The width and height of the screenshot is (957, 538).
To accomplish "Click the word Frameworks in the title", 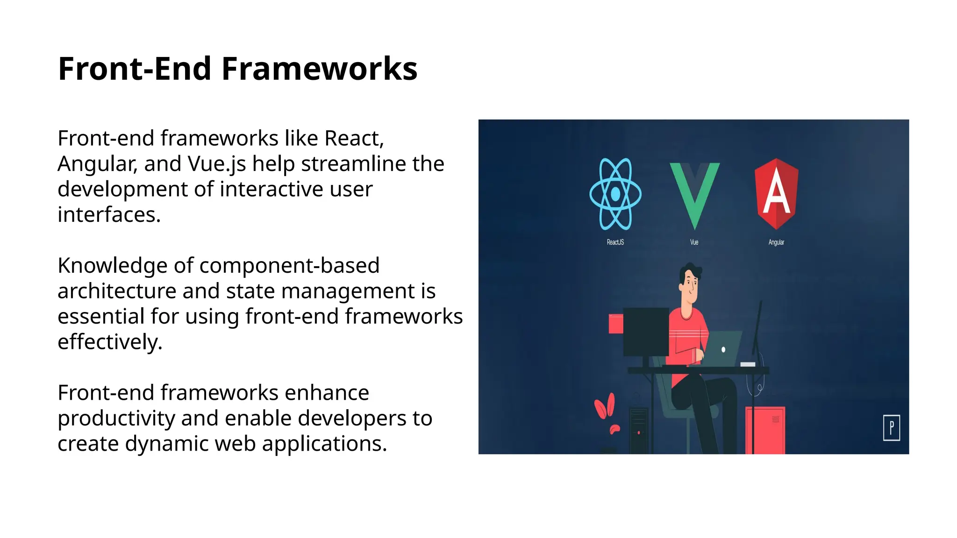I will [x=319, y=69].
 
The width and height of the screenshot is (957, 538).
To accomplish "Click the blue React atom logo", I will [x=615, y=194].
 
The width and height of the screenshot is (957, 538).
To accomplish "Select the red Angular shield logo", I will [x=776, y=193].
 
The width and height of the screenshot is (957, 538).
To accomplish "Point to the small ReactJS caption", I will [x=615, y=242].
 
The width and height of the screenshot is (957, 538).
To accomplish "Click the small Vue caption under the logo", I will [x=694, y=242].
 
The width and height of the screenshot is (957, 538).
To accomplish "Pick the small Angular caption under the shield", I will [x=776, y=242].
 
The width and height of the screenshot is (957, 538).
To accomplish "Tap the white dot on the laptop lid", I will [x=723, y=349].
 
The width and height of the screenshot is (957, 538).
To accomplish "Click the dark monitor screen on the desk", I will [x=646, y=332].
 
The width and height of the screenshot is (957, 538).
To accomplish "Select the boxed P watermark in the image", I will [x=891, y=427].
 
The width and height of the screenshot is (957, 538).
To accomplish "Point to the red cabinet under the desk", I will [x=765, y=430].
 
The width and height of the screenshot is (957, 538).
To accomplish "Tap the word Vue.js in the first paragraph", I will [x=217, y=164].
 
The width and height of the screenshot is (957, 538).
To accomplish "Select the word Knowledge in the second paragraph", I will [x=112, y=266].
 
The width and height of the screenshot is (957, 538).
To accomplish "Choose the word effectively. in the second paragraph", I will [x=110, y=342].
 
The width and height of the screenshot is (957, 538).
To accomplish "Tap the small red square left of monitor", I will [x=615, y=324].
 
